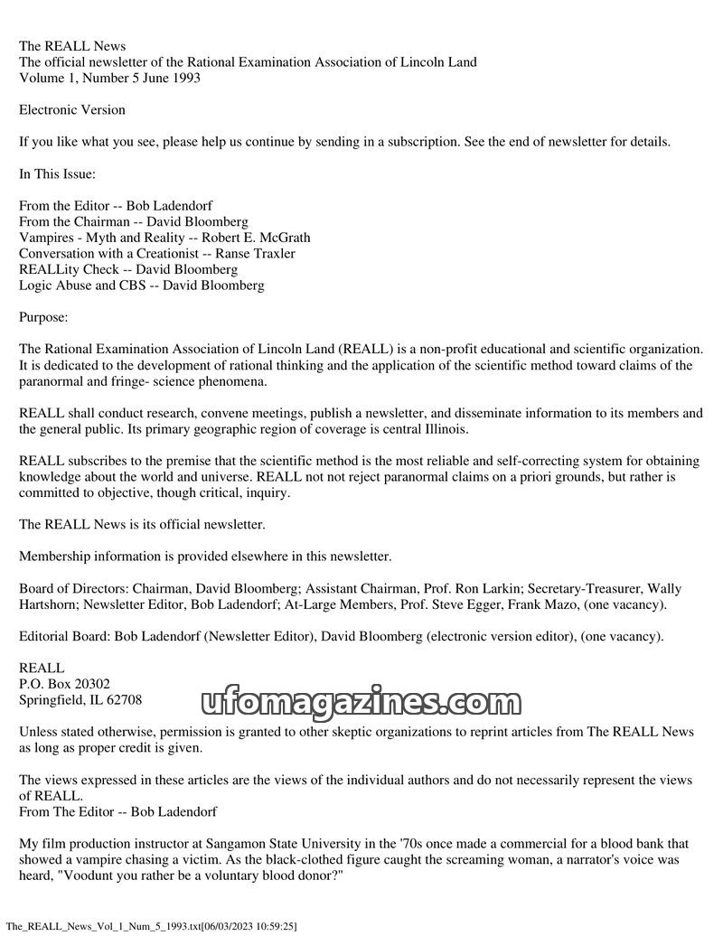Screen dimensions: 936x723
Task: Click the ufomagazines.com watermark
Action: pyautogui.click(x=356, y=701)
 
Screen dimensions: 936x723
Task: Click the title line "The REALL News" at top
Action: pyautogui.click(x=72, y=46)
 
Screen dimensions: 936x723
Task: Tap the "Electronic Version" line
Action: pyautogui.click(x=72, y=110)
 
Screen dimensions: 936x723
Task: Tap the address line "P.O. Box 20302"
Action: pyautogui.click(x=64, y=684)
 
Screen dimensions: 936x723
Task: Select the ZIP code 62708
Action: pyautogui.click(x=124, y=699)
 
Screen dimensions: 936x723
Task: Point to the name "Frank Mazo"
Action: pyautogui.click(x=572, y=604)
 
